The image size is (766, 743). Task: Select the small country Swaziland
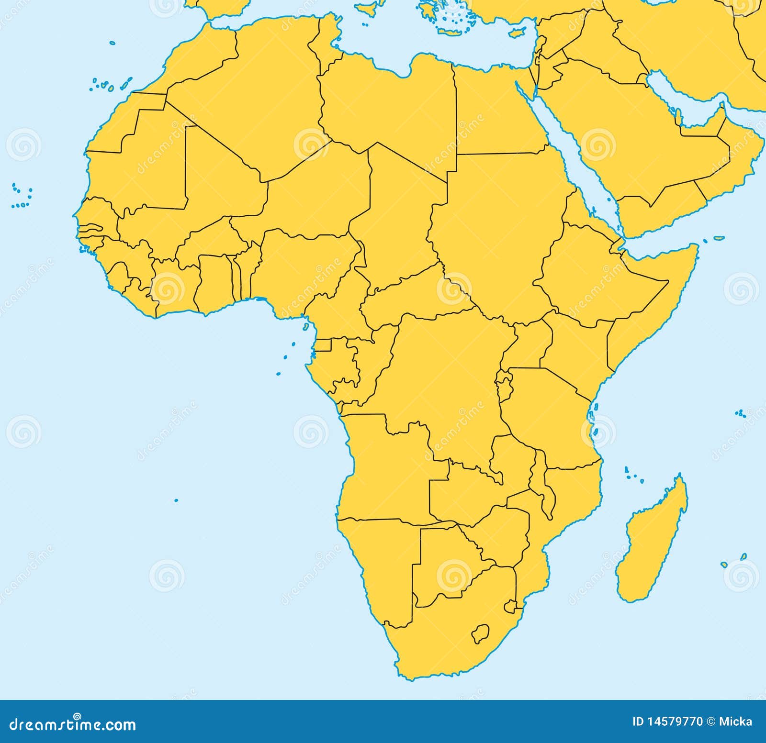pos(511,607)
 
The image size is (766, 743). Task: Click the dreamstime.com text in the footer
pos(72,724)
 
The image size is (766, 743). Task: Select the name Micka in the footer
pos(735,721)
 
